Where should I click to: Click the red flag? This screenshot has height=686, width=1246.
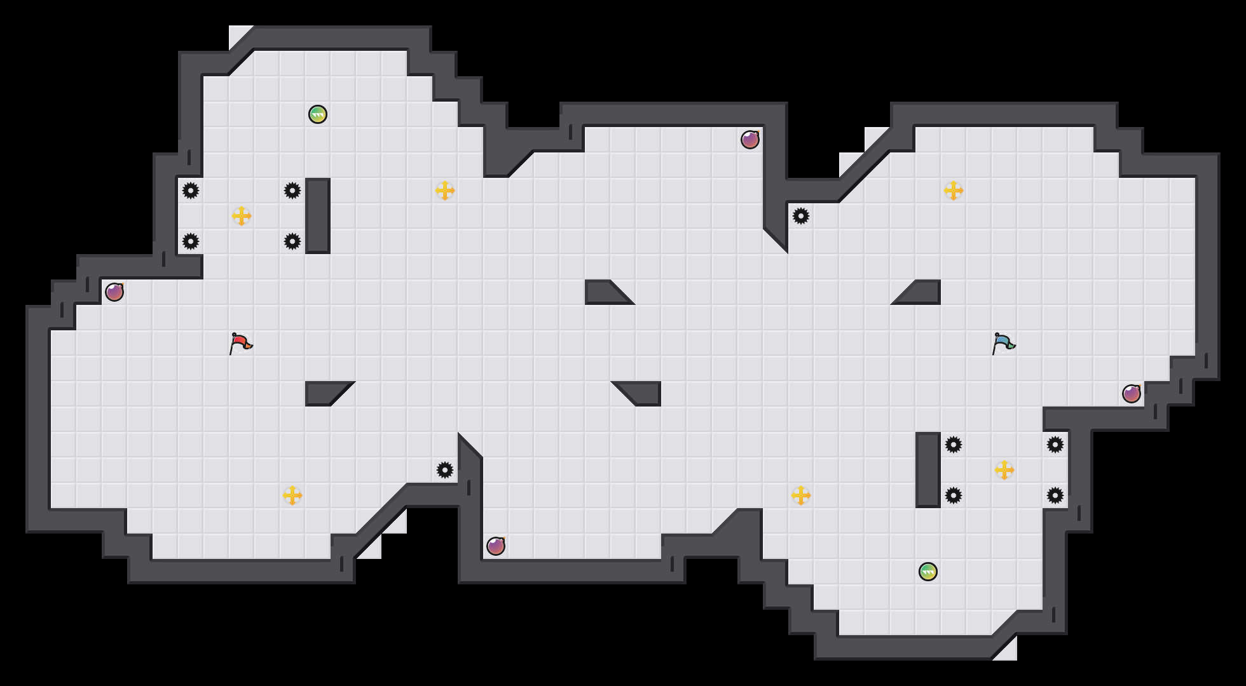tap(240, 344)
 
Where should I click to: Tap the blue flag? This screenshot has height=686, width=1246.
tap(1003, 344)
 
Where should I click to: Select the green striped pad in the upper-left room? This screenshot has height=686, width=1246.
tap(318, 114)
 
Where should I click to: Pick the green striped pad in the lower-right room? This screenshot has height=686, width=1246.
tap(928, 572)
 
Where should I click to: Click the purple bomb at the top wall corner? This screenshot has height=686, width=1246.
tap(750, 140)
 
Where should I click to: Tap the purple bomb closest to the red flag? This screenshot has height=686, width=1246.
tap(114, 292)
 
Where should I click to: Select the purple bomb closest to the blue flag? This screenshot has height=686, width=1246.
tap(1132, 394)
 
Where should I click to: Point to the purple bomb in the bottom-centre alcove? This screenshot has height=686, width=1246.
tap(496, 546)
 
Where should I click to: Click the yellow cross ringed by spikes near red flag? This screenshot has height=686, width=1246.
tap(242, 216)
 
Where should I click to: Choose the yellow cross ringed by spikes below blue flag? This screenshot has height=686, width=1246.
tap(1004, 470)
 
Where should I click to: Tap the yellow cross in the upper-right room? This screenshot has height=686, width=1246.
tap(954, 191)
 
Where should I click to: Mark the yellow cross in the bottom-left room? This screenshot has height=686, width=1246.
tap(292, 495)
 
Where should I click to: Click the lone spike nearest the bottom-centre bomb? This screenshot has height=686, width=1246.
tap(445, 470)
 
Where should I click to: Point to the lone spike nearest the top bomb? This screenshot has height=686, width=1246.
tap(801, 216)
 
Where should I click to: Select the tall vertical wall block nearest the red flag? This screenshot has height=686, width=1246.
tap(318, 216)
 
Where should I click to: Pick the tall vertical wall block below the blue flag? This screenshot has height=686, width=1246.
tap(928, 470)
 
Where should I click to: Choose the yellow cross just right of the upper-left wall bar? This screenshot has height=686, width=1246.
tap(445, 191)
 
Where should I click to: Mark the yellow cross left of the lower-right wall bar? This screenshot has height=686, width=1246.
tap(801, 495)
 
